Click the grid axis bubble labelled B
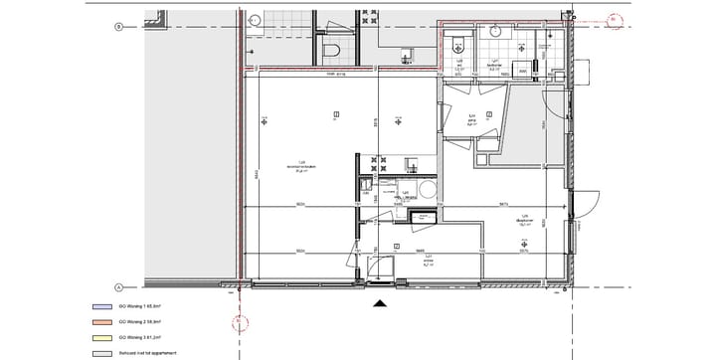[x=118, y=27]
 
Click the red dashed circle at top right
[x=615, y=17]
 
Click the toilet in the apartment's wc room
[x=456, y=42]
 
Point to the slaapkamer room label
[x=523, y=221]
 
